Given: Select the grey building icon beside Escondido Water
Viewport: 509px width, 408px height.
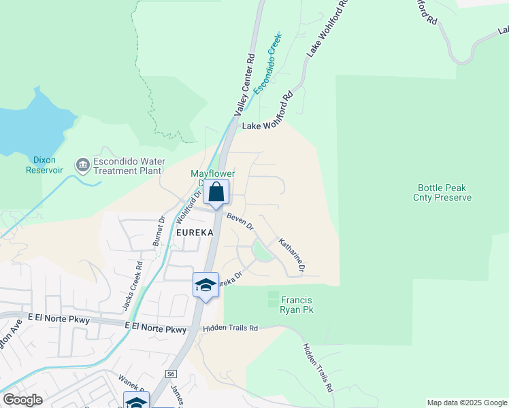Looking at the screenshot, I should tap(83, 165).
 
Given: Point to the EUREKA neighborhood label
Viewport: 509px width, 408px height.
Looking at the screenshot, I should tap(195, 232).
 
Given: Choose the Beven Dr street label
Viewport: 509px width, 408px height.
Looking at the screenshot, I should tap(240, 220).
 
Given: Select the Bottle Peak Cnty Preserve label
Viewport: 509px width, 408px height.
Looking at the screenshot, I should tap(444, 192).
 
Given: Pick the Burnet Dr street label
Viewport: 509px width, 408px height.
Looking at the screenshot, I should tap(159, 231).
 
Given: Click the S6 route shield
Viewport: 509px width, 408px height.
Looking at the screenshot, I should tap(171, 374).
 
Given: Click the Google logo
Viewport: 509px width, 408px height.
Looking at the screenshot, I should tap(22, 400).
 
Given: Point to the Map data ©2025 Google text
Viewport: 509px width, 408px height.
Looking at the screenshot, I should tap(466, 403).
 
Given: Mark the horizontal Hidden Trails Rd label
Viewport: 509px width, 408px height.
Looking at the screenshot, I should tap(231, 328).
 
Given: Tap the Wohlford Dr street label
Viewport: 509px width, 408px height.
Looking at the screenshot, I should tap(189, 207).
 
